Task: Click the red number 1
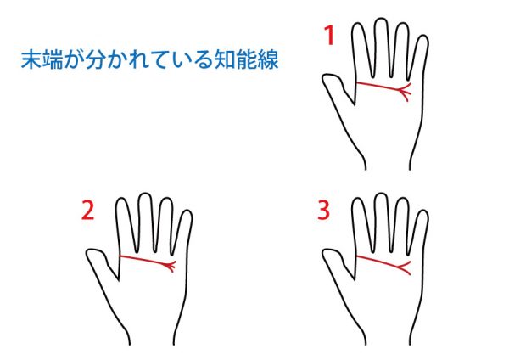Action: (329, 36)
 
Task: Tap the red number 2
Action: (87, 211)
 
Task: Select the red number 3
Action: (323, 211)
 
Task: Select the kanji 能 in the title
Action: (246, 59)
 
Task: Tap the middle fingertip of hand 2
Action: (144, 194)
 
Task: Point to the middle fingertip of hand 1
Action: (380, 20)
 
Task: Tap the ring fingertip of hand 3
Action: (402, 199)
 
